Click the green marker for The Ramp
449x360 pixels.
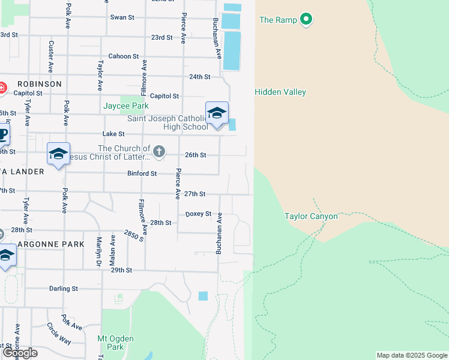point(307,20)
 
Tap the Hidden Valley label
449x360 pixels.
point(280,92)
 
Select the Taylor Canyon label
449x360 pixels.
point(311,216)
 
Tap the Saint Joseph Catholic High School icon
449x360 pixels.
point(217,113)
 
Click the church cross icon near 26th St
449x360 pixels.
point(159,152)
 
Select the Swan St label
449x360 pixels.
point(122,17)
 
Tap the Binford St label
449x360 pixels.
point(142,173)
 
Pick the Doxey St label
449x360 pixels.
point(198,214)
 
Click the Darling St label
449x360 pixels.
point(64,289)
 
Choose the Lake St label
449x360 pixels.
point(113,134)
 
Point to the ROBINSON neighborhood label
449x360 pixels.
point(40,84)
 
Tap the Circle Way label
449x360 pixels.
point(59,334)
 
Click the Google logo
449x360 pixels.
point(20,353)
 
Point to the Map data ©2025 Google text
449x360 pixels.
point(412,355)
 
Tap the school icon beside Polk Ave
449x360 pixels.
point(59,154)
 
